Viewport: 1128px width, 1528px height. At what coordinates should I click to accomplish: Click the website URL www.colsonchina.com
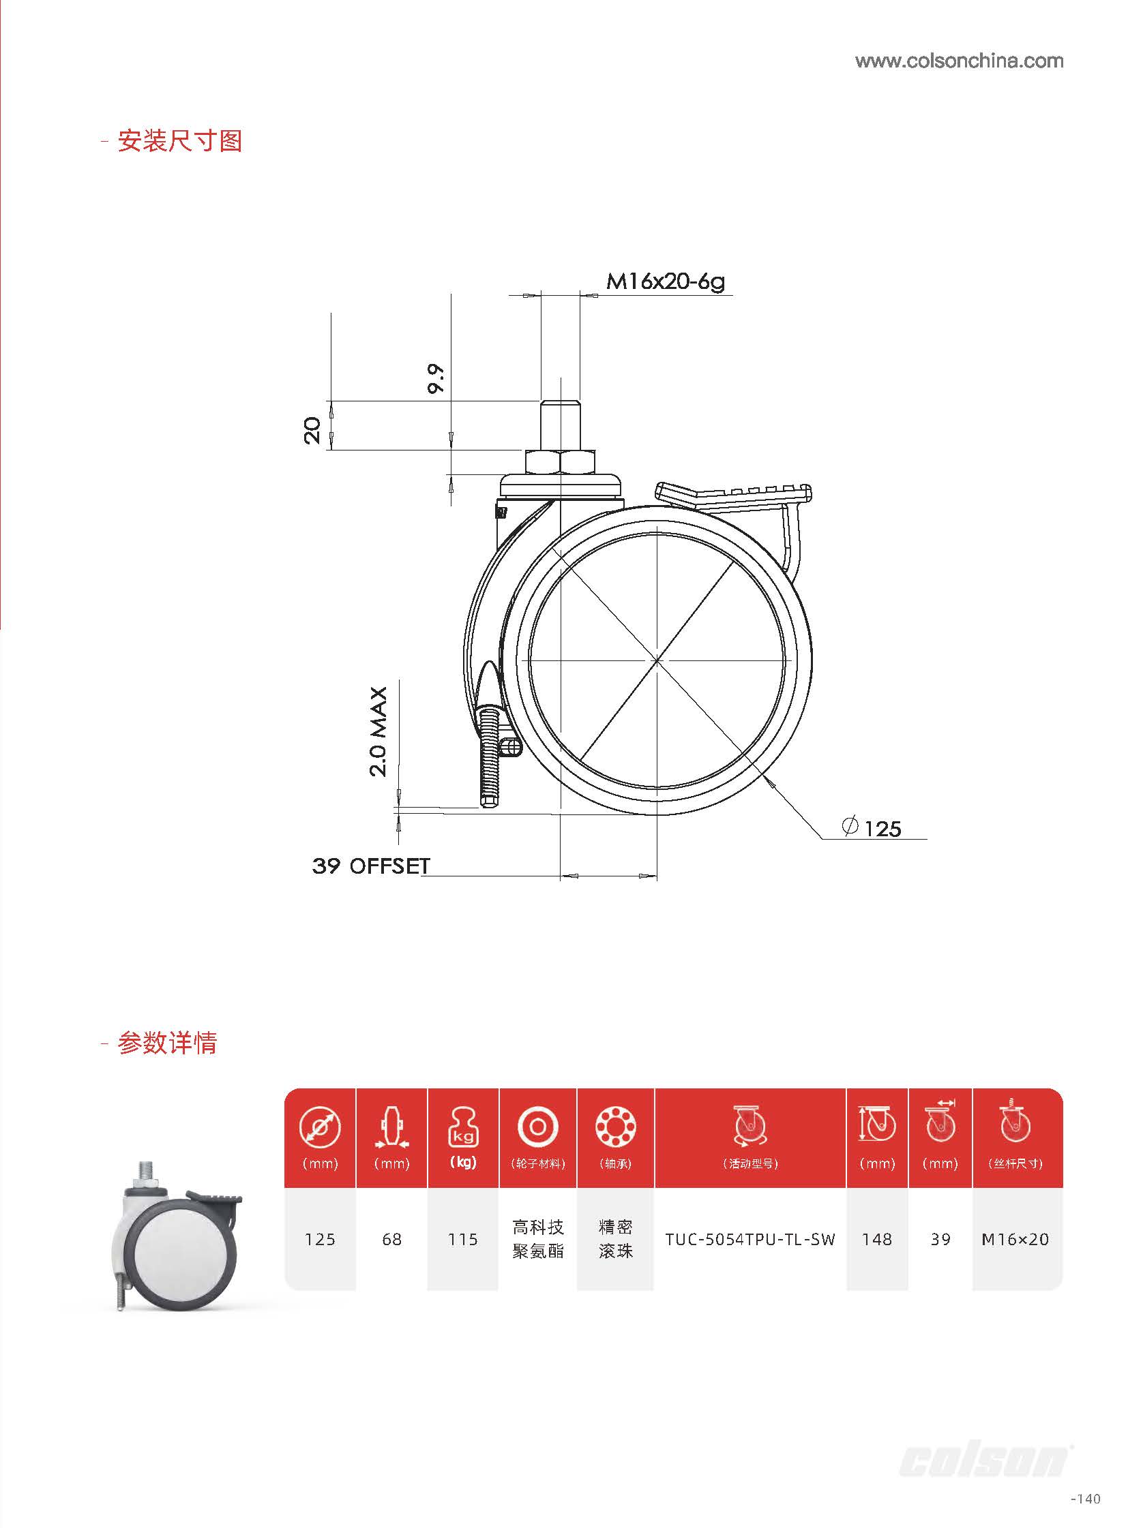pos(959,61)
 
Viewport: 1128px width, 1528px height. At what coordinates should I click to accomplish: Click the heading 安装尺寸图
pos(179,140)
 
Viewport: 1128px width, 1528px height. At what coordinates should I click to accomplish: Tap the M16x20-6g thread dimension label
pos(665,281)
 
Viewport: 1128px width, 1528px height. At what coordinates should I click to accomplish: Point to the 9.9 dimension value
pos(436,378)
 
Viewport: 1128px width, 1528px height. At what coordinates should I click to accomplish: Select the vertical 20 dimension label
pos(312,430)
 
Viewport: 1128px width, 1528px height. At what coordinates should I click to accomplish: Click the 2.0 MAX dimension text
pos(379,731)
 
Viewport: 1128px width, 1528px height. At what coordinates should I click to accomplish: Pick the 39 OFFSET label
pos(371,866)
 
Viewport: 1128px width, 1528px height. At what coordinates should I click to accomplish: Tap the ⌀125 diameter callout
pos(872,828)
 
